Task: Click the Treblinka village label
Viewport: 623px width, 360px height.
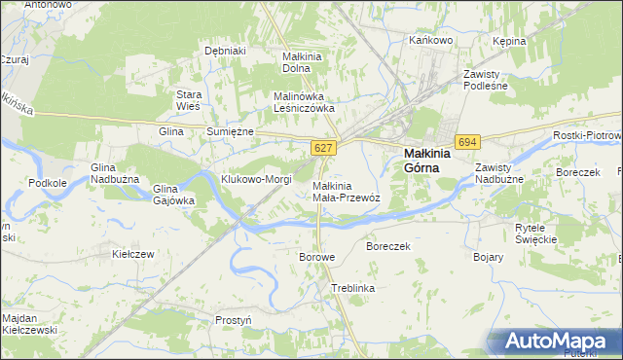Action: [x=353, y=289]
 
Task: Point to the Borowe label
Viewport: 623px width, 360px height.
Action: [x=316, y=257]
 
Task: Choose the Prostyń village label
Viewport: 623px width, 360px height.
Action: [x=234, y=319]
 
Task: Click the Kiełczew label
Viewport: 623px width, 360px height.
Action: [x=134, y=254]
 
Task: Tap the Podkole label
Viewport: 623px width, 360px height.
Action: [x=48, y=182]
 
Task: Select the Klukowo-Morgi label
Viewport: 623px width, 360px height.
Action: [x=257, y=180]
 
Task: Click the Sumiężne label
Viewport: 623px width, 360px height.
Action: [x=230, y=131]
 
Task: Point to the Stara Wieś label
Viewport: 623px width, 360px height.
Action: [x=187, y=100]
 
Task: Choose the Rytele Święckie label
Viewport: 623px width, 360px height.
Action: [x=535, y=233]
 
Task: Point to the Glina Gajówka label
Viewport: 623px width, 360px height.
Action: [x=174, y=195]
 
